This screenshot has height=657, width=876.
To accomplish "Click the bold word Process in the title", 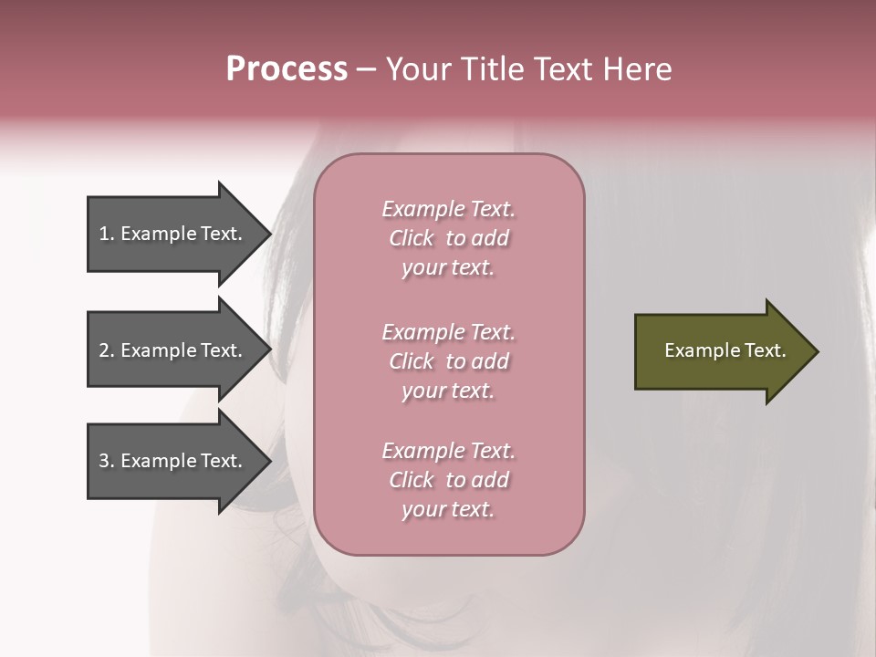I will pos(287,69).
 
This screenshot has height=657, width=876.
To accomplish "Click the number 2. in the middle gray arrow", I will pos(106,350).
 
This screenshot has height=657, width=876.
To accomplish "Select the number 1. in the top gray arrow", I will pos(106,234).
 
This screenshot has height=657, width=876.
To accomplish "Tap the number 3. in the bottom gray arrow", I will pos(106,461).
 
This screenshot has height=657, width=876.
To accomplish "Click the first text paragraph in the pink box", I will pos(448,238).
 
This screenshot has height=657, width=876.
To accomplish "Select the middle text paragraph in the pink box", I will pos(448,361).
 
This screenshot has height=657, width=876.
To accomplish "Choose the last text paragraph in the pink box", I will pos(448,480).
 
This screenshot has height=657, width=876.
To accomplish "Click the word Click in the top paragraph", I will pos(412,238).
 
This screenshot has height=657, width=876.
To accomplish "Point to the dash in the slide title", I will pos(366,69).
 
